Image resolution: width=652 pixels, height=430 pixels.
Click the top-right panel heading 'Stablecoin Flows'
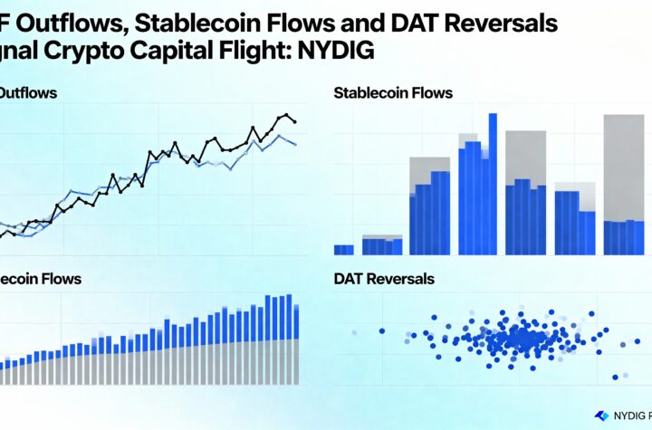click(x=393, y=92)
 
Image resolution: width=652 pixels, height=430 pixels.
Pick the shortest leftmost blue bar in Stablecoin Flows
click(x=343, y=249)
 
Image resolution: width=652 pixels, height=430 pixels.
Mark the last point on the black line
click(x=294, y=121)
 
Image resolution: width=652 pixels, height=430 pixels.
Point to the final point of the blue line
click(x=294, y=144)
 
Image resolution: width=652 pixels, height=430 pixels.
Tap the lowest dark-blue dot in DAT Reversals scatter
click(x=615, y=376)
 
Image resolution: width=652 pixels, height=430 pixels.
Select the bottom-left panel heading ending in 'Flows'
click(x=41, y=279)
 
